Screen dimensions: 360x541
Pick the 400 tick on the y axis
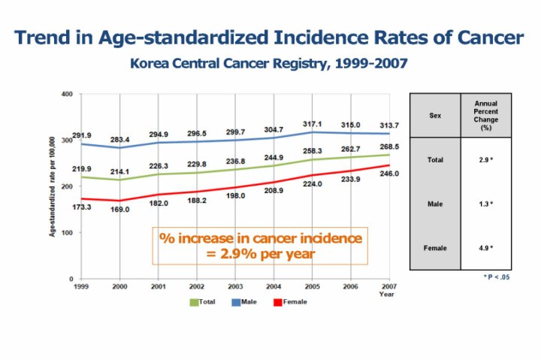67,95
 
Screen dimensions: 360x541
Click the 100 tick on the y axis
67,233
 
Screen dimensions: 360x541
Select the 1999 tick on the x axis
80,286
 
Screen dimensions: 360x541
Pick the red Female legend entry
290,302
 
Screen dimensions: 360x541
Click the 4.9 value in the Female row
485,247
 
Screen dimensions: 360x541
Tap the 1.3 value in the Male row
485,204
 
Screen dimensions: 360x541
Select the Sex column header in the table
435,116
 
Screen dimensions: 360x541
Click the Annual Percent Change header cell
486,116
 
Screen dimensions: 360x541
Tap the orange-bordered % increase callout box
260,246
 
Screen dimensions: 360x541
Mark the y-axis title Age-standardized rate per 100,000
53,186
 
